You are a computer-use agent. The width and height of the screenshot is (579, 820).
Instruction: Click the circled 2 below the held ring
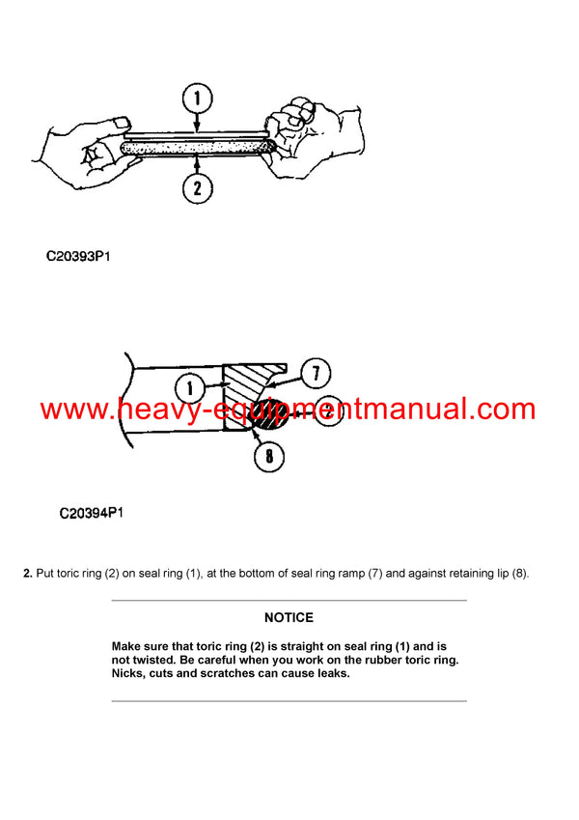[197, 187]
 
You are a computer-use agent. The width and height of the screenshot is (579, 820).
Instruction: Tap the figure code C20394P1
[91, 513]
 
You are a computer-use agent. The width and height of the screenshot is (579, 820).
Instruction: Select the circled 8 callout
[269, 457]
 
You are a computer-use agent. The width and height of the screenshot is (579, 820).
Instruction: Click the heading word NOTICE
[289, 618]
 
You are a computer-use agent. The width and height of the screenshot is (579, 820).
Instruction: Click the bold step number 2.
[27, 575]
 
